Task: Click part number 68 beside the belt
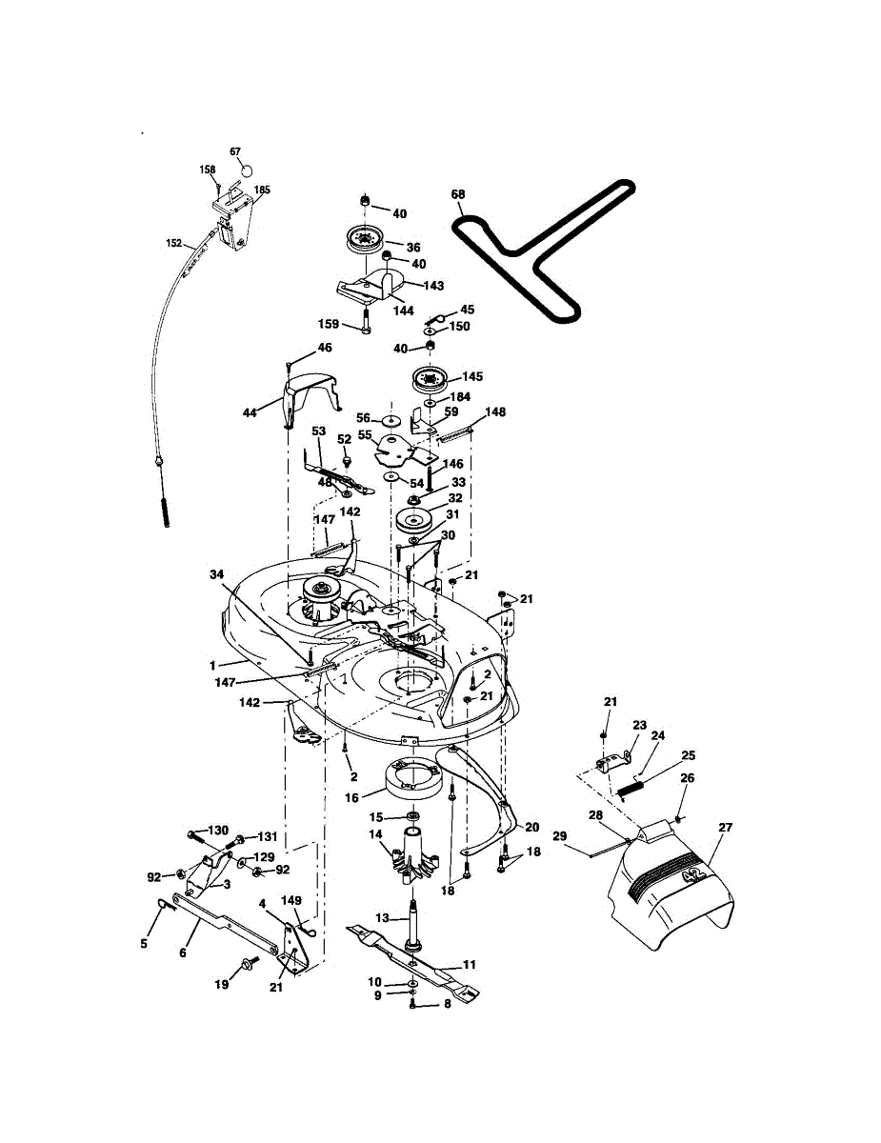458,195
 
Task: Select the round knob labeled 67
246,170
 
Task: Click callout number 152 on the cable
173,244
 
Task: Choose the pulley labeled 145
430,380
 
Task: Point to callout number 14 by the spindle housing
375,835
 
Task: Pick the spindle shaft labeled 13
414,919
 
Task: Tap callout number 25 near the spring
688,755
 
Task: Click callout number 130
219,831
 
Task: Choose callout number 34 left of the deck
217,574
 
